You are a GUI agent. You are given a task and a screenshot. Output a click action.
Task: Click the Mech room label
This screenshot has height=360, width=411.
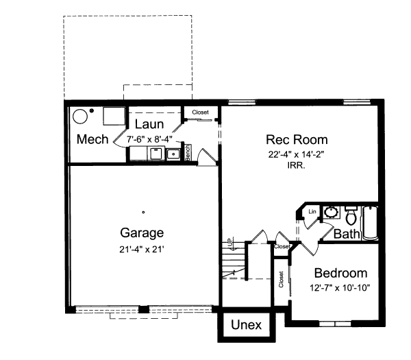(92, 140)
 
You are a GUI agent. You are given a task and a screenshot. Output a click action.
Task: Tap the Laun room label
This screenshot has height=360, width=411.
(148, 125)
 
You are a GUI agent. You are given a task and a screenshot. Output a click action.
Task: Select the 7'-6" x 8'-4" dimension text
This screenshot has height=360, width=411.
(149, 139)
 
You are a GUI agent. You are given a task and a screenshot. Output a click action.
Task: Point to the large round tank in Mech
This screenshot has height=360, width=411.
(81, 116)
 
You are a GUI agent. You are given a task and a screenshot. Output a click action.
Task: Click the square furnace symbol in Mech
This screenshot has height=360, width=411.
(112, 116)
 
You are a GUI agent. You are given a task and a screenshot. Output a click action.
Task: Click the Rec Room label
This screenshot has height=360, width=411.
(296, 140)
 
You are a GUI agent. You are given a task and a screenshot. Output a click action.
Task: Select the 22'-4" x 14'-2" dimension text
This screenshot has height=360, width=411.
(296, 154)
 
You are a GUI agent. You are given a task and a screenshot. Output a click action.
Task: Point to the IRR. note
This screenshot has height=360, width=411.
(296, 166)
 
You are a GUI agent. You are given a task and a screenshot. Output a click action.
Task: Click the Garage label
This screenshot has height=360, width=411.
(142, 232)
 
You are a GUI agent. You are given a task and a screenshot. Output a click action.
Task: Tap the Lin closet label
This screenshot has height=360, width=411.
(312, 211)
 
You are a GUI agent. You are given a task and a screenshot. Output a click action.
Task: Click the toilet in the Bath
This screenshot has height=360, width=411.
(351, 217)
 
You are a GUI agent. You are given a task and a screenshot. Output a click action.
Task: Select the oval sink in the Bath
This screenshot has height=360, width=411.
(330, 211)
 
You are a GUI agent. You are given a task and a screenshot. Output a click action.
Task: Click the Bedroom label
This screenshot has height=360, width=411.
(336, 273)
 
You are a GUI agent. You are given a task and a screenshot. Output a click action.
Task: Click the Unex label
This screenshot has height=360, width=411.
(246, 325)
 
